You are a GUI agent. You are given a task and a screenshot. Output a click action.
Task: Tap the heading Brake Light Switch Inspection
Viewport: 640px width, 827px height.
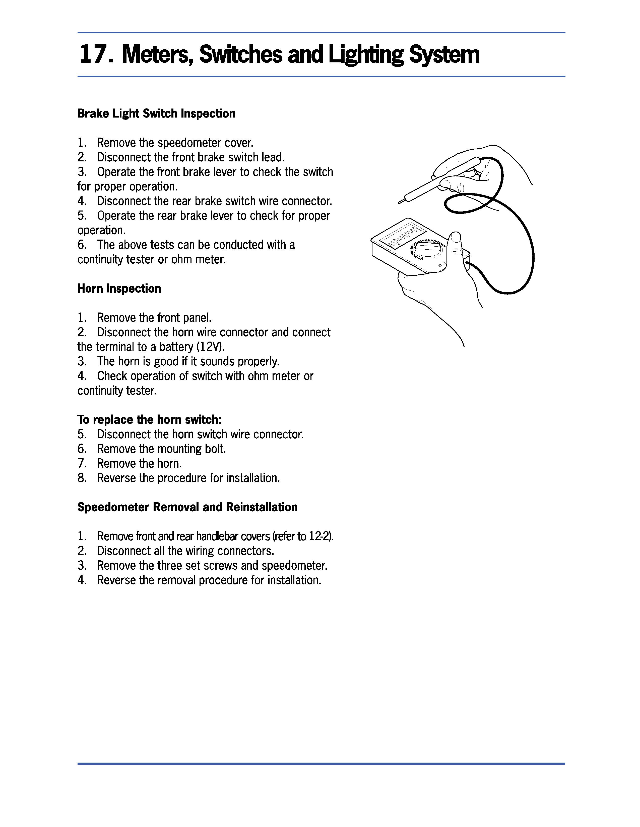coord(156,114)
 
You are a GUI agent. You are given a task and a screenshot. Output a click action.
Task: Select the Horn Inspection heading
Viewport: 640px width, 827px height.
coord(119,288)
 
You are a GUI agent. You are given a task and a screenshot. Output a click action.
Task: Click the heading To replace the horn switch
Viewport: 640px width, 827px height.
coord(149,420)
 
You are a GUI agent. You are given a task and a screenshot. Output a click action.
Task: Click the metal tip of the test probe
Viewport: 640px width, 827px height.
coord(401,201)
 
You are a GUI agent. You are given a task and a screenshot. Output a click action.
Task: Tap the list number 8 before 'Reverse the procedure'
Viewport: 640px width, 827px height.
coord(82,478)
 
